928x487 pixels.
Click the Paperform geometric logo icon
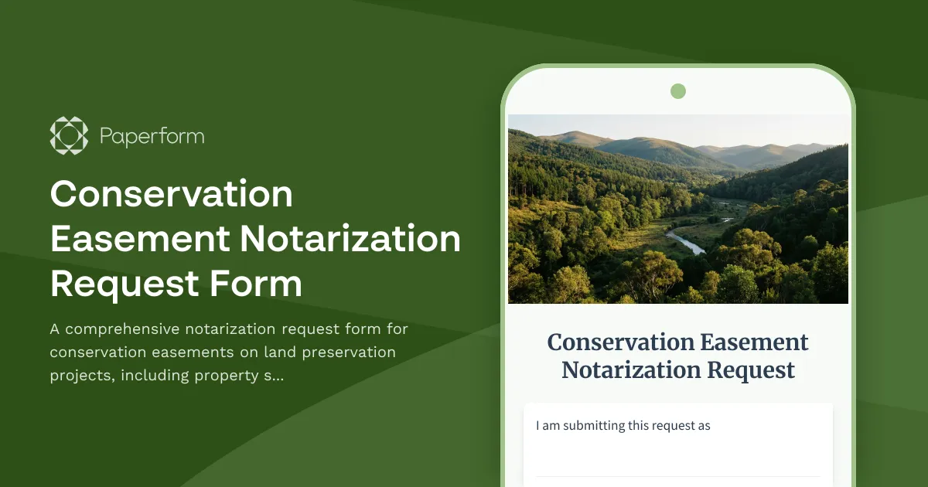[69, 136]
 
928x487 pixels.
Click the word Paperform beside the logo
[152, 137]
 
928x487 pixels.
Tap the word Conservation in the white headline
[172, 194]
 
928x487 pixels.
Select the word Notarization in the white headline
[350, 239]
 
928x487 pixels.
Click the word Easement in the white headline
[139, 239]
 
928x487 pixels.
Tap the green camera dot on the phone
[678, 91]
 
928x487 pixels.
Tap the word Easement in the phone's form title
[753, 342]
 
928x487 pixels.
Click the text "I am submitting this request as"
[623, 425]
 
